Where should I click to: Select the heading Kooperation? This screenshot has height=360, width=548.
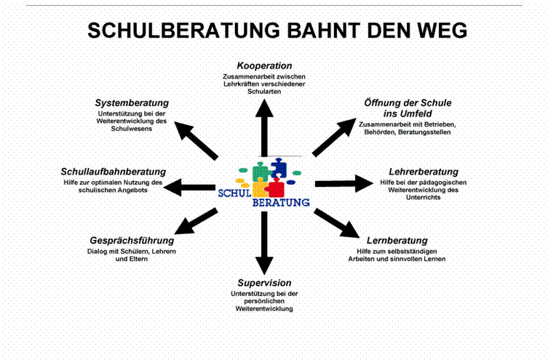[264, 66]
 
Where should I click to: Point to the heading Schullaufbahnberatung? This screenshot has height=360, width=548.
[113, 171]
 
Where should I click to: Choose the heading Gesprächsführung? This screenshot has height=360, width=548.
[131, 241]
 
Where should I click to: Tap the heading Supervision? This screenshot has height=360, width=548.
[264, 282]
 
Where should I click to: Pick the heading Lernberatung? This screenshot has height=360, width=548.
[397, 241]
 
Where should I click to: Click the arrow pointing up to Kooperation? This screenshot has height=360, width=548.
[265, 124]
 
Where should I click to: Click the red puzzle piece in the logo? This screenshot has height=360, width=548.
[275, 187]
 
